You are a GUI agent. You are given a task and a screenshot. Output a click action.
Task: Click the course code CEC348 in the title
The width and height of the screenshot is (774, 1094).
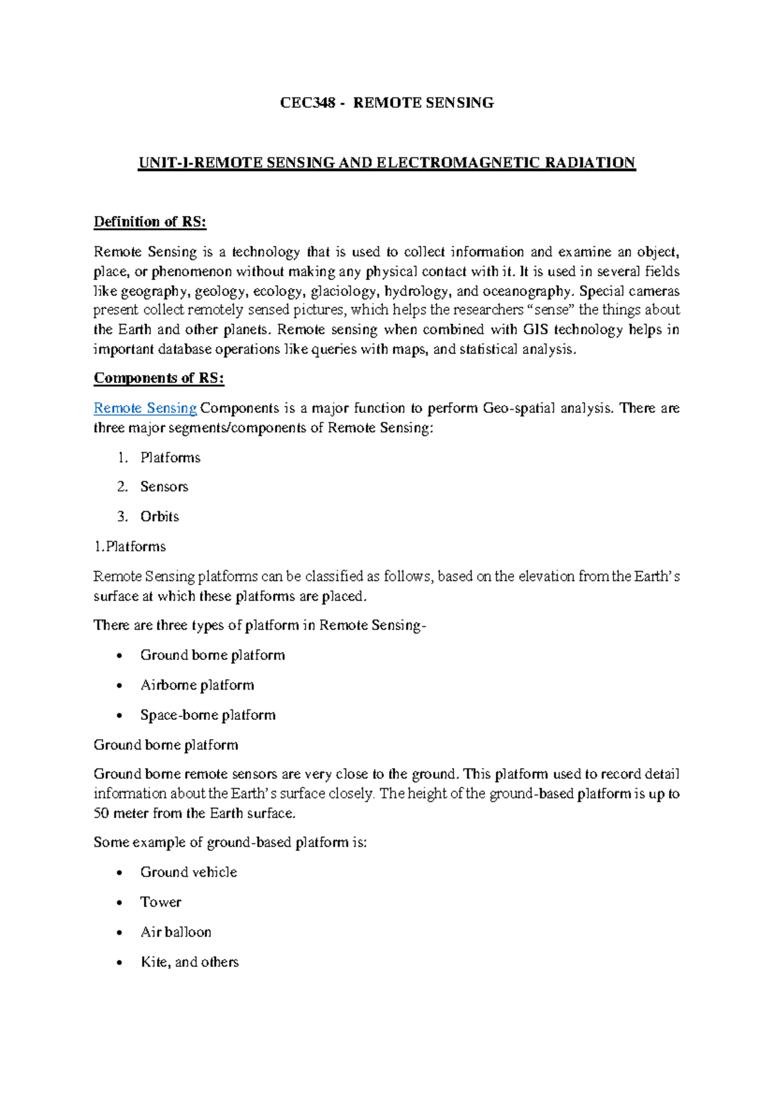coord(308,103)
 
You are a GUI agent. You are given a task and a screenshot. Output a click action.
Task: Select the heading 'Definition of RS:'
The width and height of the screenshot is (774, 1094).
coord(150,222)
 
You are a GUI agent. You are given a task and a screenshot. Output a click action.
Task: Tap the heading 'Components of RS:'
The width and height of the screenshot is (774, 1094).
coord(159,378)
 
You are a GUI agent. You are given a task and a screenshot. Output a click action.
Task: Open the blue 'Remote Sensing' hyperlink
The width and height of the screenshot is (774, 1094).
coord(145,408)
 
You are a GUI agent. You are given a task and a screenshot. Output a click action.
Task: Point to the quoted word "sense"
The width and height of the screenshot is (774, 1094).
coord(551,310)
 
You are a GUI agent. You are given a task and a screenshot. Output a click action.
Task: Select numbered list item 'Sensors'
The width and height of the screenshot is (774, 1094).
coord(164,487)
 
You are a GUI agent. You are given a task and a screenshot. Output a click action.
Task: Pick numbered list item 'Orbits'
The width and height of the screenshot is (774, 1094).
coord(159,517)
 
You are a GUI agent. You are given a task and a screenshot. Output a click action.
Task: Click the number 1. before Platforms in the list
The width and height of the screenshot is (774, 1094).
coord(123,458)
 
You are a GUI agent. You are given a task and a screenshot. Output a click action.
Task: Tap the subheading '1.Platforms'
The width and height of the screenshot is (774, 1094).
coord(130,547)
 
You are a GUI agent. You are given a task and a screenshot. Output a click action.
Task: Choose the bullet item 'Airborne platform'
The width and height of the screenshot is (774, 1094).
coord(197,685)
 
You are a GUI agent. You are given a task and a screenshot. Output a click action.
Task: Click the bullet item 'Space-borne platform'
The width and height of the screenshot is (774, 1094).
coord(208,715)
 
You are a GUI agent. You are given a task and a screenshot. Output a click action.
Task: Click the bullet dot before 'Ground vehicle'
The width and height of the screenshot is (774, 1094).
coord(119,873)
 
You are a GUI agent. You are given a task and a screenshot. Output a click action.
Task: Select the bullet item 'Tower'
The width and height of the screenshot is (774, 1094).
coord(161,902)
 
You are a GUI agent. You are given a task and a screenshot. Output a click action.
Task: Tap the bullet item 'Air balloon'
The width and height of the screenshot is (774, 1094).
coord(175,932)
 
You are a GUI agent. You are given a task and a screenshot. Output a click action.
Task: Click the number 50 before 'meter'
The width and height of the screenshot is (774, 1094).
coord(101,813)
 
